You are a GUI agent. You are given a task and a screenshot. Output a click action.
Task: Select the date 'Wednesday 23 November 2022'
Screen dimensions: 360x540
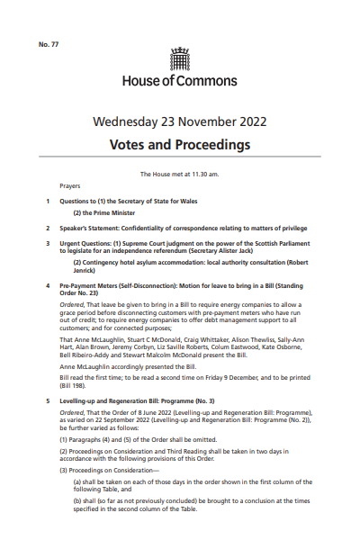180,123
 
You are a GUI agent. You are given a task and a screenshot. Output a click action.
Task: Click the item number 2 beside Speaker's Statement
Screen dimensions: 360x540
48,229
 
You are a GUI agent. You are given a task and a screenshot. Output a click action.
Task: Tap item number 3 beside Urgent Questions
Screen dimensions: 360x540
48,243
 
